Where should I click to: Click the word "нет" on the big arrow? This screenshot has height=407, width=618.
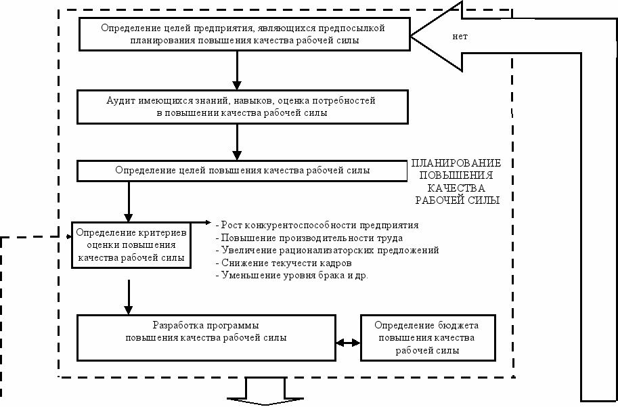(460, 37)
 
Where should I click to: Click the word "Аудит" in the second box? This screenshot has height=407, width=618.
(121, 101)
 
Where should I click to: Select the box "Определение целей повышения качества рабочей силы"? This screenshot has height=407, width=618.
(242, 171)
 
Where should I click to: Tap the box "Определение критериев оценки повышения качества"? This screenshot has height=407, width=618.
(131, 245)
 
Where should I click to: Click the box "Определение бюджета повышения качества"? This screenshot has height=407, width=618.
(428, 338)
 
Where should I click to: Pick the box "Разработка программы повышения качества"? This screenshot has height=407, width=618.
(206, 338)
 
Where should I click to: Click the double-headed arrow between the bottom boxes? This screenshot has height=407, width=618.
(348, 343)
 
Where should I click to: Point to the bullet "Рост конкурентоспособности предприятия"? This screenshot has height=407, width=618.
(317, 226)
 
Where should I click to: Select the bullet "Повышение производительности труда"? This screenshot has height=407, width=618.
(309, 238)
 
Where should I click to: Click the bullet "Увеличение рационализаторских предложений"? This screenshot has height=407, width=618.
(328, 251)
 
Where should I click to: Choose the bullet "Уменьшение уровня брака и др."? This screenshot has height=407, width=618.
(292, 275)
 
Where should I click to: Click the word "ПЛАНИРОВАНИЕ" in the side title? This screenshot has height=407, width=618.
(456, 163)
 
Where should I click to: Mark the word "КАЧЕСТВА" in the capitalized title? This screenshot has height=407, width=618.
(456, 188)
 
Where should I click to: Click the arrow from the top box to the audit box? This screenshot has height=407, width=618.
(237, 70)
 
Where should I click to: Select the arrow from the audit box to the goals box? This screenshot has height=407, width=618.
(237, 142)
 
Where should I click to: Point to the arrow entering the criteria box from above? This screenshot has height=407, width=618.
(129, 202)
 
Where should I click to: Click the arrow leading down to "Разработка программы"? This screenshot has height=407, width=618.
(129, 297)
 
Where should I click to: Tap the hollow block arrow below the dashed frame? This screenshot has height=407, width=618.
(265, 391)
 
